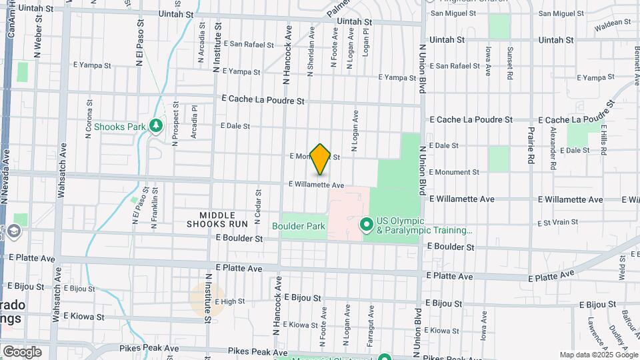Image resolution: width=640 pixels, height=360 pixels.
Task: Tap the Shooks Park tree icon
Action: coord(157,125)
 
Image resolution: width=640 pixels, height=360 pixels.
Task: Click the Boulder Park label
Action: coord(299,226)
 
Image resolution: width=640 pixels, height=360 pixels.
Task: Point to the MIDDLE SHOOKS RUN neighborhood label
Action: coord(223,219)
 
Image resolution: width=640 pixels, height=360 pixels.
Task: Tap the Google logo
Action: coord(22,351)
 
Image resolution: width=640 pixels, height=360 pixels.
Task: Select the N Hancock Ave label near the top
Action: coord(288,55)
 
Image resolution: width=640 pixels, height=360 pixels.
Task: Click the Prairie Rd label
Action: coord(531,145)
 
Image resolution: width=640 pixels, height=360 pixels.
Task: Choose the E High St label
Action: coord(230,301)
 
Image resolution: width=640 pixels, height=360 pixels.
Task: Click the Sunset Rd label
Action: coord(510,58)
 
